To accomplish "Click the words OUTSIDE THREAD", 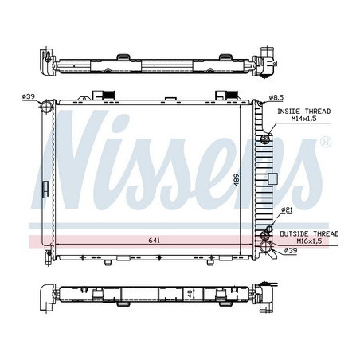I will [x=308, y=233].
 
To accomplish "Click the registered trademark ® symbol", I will [x=326, y=142].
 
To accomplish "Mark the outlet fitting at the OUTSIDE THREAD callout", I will [x=264, y=237].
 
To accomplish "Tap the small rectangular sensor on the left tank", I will [x=46, y=190].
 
